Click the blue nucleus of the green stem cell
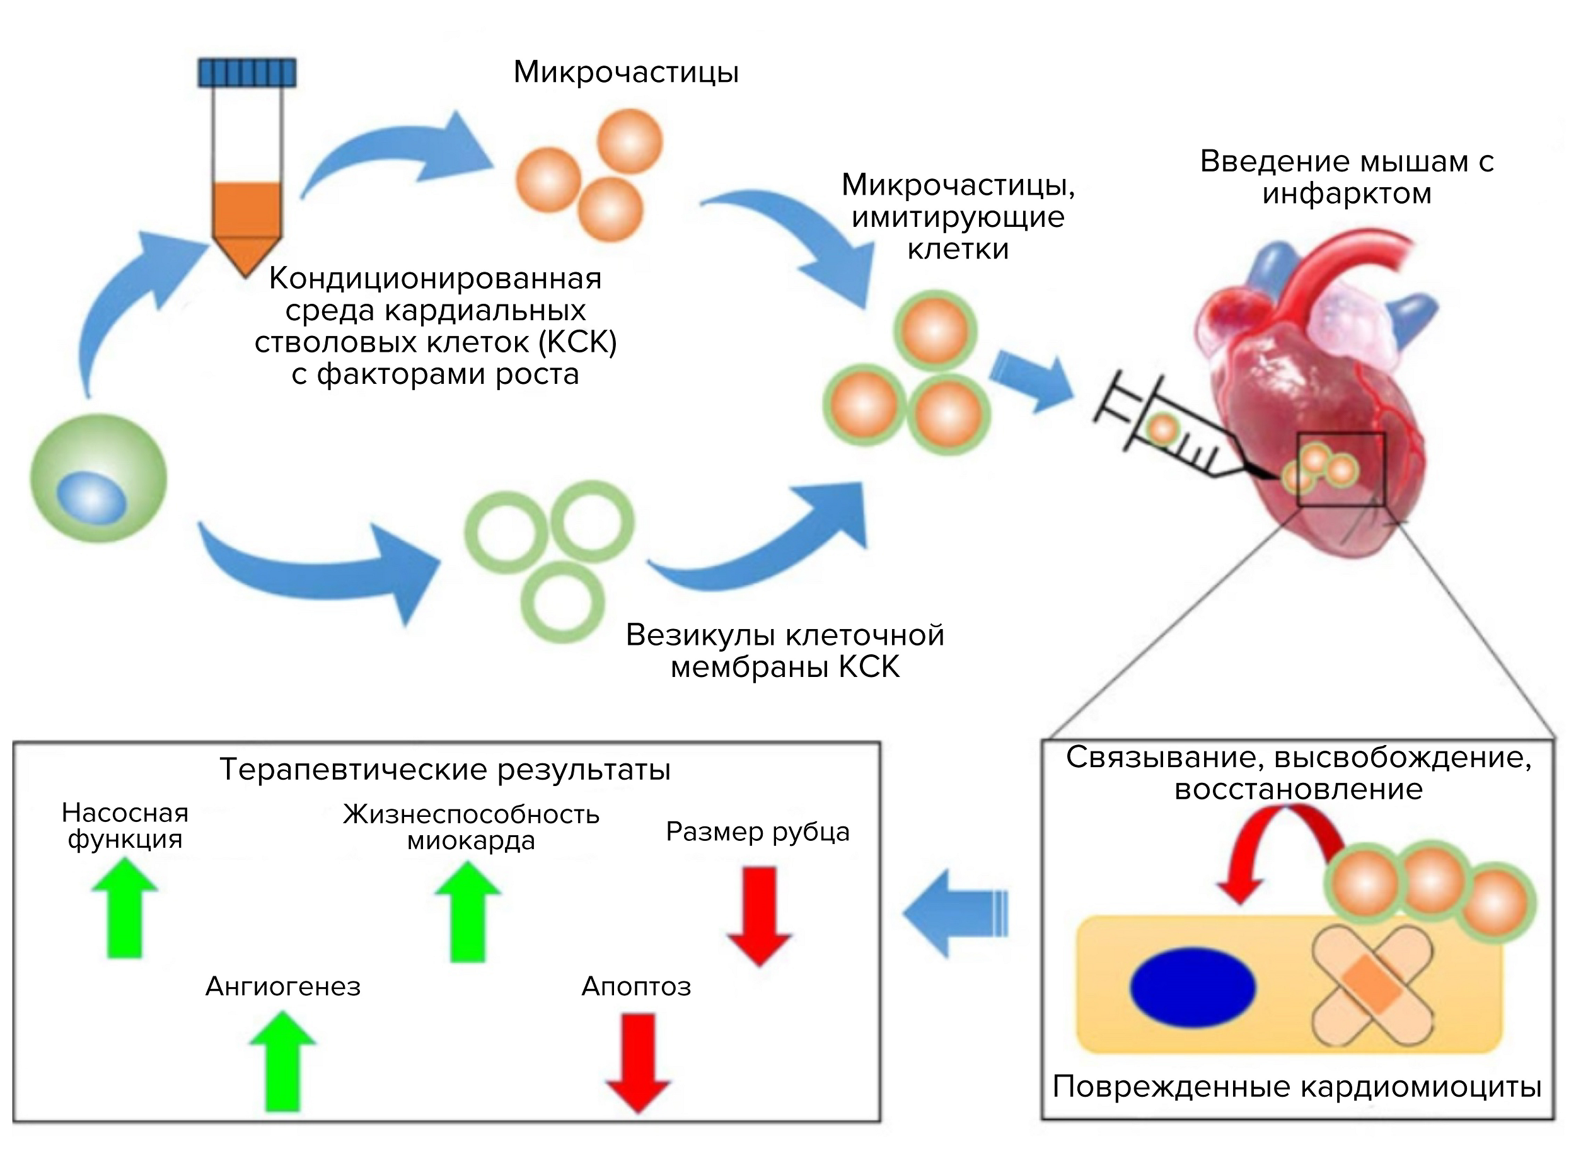tap(92, 497)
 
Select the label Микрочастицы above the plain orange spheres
tap(626, 72)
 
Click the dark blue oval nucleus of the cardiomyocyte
tap(1193, 987)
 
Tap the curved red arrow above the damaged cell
tap(1273, 848)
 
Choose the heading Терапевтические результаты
tap(444, 769)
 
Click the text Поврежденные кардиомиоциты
tap(1297, 1087)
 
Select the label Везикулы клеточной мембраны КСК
tap(785, 651)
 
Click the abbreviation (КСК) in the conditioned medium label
tap(577, 342)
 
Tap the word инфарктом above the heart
tap(1347, 193)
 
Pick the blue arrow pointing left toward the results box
tap(954, 913)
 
